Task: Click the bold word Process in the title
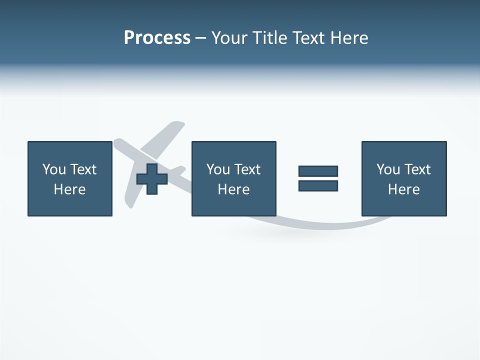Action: pyautogui.click(x=157, y=38)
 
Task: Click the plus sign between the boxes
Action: pyautogui.click(x=152, y=179)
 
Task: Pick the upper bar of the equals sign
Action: pyautogui.click(x=318, y=171)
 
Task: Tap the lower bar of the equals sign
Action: pyautogui.click(x=318, y=185)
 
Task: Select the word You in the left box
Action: pyautogui.click(x=54, y=169)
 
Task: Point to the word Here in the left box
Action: pyautogui.click(x=69, y=189)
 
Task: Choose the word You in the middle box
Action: pyautogui.click(x=218, y=169)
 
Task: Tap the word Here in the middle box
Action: pyautogui.click(x=233, y=189)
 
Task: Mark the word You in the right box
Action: pyautogui.click(x=388, y=169)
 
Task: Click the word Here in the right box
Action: pyautogui.click(x=403, y=189)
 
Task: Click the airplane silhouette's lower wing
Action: pyautogui.click(x=131, y=195)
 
